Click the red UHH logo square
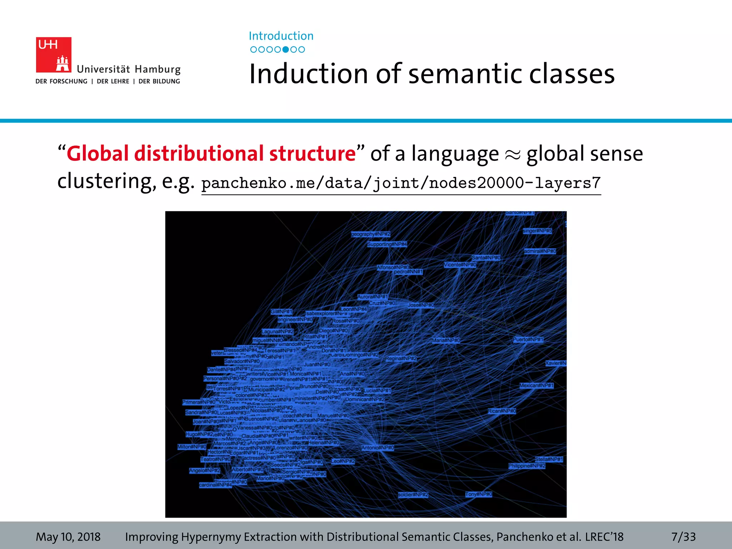click(54, 55)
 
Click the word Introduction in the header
click(281, 36)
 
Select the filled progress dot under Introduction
click(286, 50)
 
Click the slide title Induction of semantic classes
click(432, 74)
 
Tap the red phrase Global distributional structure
click(211, 154)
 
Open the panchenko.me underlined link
click(401, 183)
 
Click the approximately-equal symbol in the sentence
click(513, 154)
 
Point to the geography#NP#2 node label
click(371, 234)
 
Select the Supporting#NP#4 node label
click(387, 244)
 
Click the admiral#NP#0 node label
click(540, 251)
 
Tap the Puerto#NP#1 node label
click(528, 340)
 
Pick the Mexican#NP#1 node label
click(536, 385)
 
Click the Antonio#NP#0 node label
click(377, 447)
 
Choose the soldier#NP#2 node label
click(413, 495)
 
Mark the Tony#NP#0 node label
click(479, 494)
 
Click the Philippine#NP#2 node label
click(527, 466)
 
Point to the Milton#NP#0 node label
click(192, 447)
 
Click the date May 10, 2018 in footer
click(68, 537)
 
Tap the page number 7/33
click(683, 537)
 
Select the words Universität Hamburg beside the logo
click(129, 69)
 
